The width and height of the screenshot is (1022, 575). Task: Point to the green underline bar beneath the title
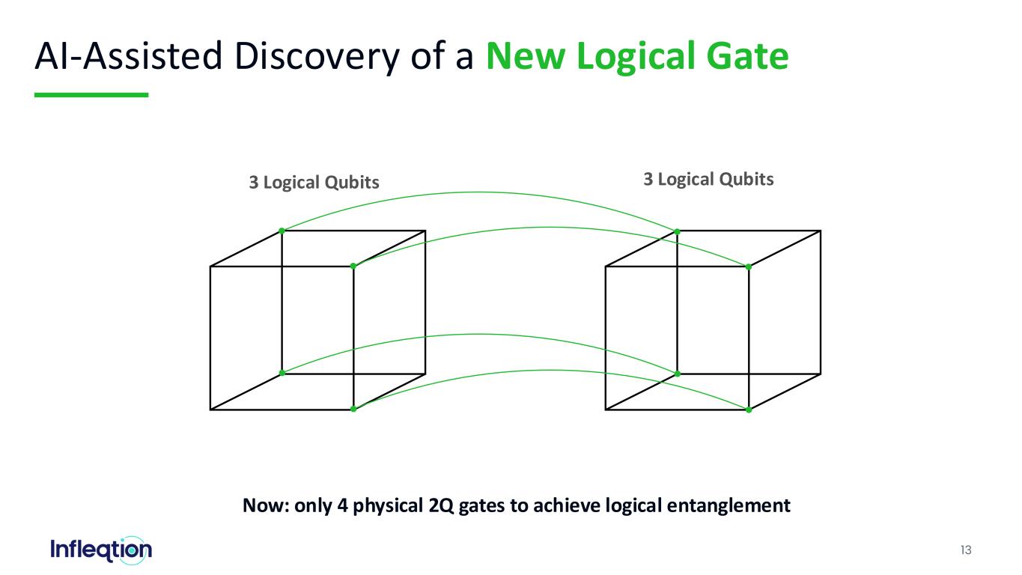pos(91,95)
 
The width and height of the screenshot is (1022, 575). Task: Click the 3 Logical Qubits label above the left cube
pos(314,183)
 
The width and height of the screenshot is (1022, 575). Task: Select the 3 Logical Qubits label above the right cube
pos(708,180)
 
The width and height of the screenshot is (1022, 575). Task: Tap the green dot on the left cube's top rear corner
pos(282,231)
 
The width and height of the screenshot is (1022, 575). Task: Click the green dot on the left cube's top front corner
pos(353,266)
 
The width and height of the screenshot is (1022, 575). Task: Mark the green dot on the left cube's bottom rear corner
pos(282,373)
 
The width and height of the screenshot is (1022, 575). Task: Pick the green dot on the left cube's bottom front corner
pos(353,409)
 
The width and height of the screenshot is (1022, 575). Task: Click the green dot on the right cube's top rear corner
pos(677,232)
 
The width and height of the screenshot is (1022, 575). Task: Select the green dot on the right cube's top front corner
pos(748,267)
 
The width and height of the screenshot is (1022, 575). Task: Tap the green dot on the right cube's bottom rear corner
pos(677,374)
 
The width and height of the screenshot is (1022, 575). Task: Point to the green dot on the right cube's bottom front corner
pos(748,410)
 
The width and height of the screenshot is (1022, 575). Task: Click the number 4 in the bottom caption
pos(343,505)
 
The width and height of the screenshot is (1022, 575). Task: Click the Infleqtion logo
pos(101,550)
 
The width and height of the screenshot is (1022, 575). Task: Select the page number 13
pos(966,550)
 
